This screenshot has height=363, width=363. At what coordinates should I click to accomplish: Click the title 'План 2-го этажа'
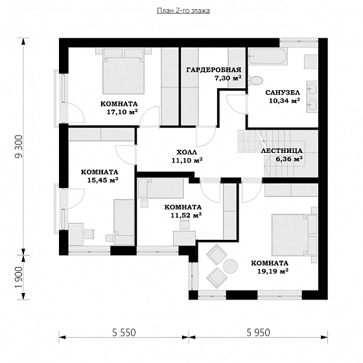pos(183,10)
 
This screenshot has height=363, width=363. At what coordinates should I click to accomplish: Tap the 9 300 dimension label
pos(19,146)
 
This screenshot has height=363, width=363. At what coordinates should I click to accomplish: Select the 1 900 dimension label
pos(19,277)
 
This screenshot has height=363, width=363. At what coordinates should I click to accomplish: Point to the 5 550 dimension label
pos(124,333)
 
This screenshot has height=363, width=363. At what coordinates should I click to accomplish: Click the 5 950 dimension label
pos(258,333)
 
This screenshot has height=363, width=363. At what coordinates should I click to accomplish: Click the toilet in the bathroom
pos(255,81)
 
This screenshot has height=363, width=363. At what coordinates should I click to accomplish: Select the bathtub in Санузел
pos(268,56)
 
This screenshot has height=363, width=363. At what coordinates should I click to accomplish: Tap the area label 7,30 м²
pos(228,78)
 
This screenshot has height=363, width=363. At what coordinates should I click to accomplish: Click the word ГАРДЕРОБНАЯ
pos(214,70)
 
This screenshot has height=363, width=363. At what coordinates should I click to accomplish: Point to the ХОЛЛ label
pos(187,152)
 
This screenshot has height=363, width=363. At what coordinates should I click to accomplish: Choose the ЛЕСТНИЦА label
pos(282,150)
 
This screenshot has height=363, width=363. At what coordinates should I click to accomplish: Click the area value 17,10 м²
pos(123,111)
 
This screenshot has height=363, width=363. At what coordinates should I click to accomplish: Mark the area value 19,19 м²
pos(273,271)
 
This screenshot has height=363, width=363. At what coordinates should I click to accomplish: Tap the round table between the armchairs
pos(231,266)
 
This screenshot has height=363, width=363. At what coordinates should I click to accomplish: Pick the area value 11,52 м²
pos(186,215)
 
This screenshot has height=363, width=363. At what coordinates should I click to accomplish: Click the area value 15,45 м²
pos(103,180)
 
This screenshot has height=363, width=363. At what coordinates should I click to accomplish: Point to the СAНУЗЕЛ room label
pos(283,93)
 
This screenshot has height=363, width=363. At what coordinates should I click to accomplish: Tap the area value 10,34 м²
pos(285,100)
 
